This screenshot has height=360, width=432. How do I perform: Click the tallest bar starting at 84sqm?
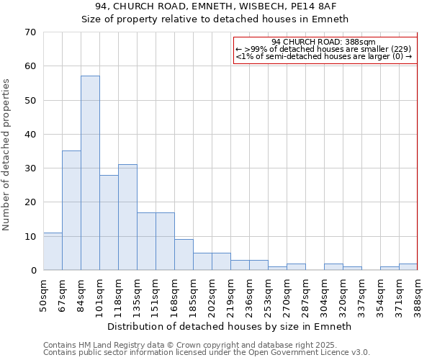coord(90,173)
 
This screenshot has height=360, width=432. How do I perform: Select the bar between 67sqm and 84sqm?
coord(71,210)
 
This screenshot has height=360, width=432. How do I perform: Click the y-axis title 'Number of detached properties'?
coord(6,155)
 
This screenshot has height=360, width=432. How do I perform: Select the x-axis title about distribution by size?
coord(230,326)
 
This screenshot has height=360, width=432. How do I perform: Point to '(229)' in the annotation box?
coord(401,49)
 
